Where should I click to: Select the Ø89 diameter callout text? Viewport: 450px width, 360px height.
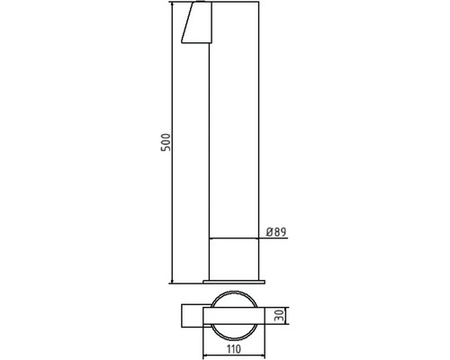click(x=276, y=232)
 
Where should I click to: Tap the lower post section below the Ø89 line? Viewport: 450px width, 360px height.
click(x=235, y=259)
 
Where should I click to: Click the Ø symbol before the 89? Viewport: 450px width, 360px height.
click(x=270, y=232)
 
